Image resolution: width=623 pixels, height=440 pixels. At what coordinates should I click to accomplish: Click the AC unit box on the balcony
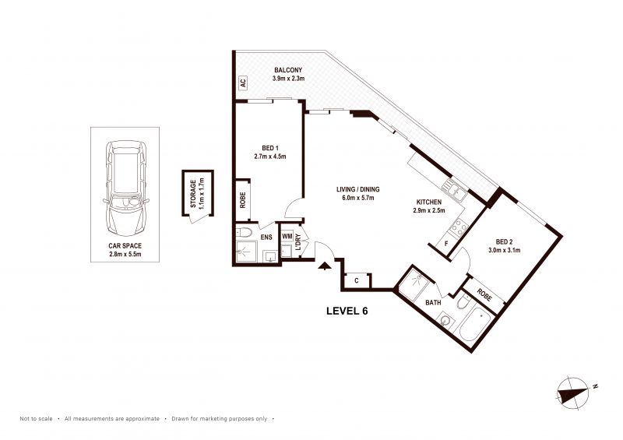click(243, 83)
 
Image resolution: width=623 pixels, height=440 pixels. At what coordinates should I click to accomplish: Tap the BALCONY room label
click(288, 70)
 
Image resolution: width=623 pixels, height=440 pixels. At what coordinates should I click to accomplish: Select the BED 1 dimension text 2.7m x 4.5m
click(269, 157)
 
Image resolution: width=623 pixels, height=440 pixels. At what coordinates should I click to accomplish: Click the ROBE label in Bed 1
click(243, 200)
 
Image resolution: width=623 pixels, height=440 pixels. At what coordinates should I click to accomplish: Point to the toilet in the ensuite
click(244, 233)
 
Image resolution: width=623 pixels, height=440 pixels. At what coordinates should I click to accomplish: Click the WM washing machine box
click(287, 237)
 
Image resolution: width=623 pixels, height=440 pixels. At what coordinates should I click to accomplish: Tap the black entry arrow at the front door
click(325, 266)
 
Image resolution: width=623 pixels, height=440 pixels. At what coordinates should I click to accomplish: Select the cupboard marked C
click(357, 281)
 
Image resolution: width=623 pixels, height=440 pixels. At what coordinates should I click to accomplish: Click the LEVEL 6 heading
click(347, 311)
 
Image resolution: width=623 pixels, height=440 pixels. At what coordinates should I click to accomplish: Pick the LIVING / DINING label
click(357, 189)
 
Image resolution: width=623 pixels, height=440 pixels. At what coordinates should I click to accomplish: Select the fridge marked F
click(445, 243)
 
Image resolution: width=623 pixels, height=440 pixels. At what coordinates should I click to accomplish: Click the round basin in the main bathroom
click(445, 321)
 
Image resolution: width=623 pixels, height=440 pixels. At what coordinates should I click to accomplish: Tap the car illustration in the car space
click(125, 188)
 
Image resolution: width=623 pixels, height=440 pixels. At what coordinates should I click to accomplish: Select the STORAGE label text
click(193, 194)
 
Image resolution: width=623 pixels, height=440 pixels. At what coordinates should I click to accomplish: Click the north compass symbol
click(573, 391)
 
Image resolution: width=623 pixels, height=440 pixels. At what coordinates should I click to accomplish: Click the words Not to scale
click(36, 418)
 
